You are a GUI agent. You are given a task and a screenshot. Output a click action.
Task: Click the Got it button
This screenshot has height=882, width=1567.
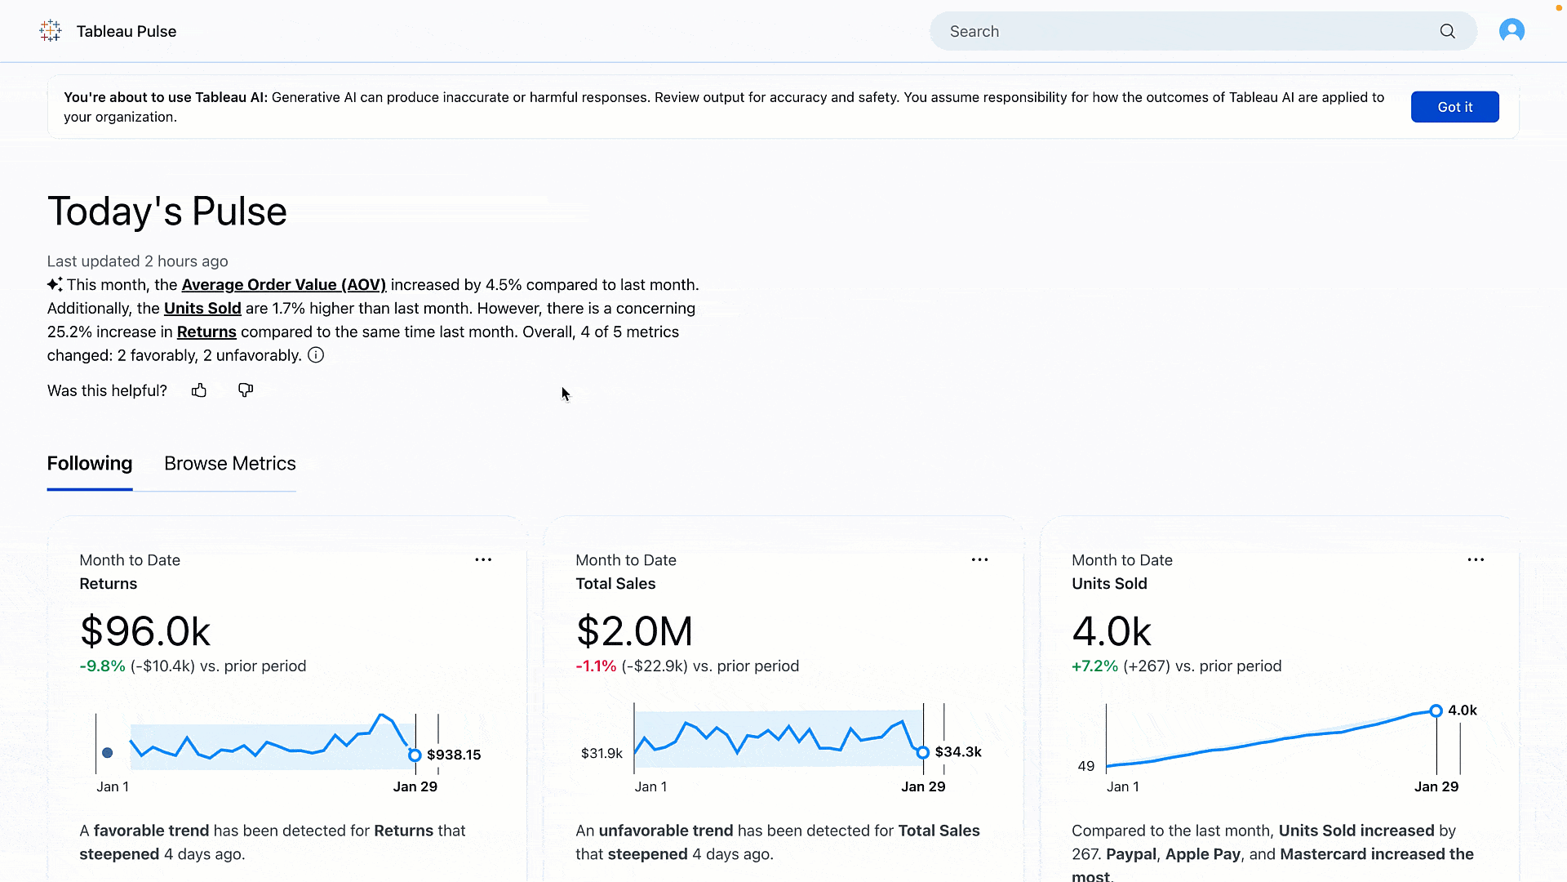(1454, 107)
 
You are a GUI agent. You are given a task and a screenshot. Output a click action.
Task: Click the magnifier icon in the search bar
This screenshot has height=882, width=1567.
(1447, 31)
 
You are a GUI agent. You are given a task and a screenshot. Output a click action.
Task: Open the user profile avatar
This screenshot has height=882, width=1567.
(1512, 31)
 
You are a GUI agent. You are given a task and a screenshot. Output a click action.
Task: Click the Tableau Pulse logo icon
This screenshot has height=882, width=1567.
(51, 31)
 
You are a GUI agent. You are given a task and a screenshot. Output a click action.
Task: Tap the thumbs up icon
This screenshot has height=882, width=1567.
(199, 390)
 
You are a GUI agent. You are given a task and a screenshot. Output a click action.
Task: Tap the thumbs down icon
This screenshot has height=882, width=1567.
(246, 390)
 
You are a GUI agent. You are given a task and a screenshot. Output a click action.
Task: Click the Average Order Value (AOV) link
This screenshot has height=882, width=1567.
(283, 285)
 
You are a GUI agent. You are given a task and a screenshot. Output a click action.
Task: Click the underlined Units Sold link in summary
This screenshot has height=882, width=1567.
(202, 309)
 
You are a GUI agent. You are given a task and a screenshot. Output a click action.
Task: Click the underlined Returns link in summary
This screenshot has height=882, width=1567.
(206, 332)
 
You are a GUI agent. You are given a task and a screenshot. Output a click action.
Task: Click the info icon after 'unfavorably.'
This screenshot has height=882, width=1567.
(316, 355)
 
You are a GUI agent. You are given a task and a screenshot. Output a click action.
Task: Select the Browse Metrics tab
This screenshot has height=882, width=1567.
(230, 464)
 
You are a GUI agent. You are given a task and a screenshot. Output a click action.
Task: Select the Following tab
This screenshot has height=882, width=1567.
(90, 464)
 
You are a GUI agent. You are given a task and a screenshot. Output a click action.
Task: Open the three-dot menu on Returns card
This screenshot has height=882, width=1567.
(483, 560)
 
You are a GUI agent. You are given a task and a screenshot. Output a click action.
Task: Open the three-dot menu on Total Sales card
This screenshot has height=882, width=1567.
(979, 560)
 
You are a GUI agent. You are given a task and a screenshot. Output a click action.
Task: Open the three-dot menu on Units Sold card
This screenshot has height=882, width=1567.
(1476, 560)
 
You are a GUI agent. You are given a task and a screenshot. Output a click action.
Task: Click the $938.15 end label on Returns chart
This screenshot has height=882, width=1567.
(454, 755)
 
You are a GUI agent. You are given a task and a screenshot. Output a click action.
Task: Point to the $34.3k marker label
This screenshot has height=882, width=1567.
(958, 752)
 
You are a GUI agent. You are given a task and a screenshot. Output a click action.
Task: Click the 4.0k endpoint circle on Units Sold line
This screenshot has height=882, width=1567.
(1436, 710)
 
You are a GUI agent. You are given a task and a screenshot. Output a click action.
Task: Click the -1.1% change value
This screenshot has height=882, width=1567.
(596, 666)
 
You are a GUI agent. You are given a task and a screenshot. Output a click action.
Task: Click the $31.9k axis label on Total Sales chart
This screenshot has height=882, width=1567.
(601, 754)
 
